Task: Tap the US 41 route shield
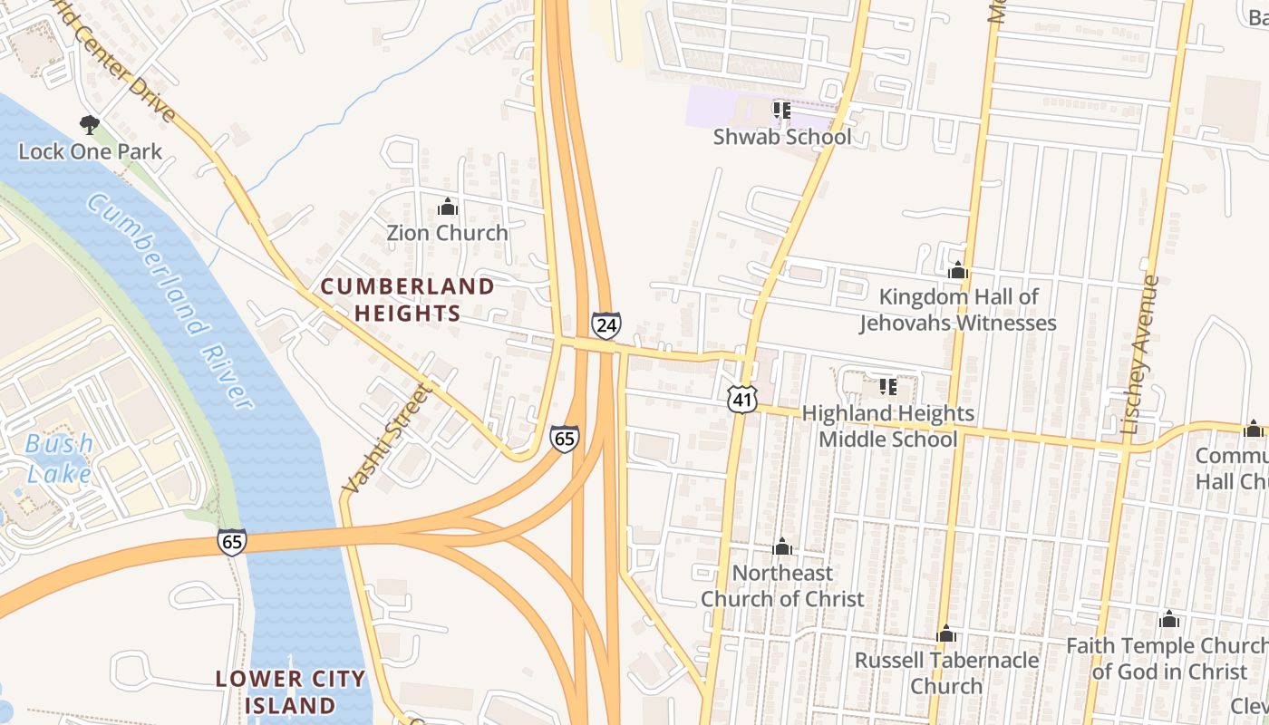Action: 741,398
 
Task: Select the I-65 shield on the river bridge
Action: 231,542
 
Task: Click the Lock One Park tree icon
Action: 89,124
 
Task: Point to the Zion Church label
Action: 447,233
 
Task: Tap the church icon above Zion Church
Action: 447,208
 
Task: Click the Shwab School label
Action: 781,137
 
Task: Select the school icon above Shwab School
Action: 781,111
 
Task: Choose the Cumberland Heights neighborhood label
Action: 407,300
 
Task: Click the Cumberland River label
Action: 172,299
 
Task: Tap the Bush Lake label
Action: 59,459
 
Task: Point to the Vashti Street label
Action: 384,439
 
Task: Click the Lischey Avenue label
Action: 1139,353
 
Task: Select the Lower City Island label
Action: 290,691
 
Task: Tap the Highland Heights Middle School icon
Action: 888,387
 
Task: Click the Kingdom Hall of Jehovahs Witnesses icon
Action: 958,270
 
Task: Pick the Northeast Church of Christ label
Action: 781,585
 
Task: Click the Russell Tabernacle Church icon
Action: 946,633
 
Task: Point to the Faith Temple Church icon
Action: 1169,620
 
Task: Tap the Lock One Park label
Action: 90,151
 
